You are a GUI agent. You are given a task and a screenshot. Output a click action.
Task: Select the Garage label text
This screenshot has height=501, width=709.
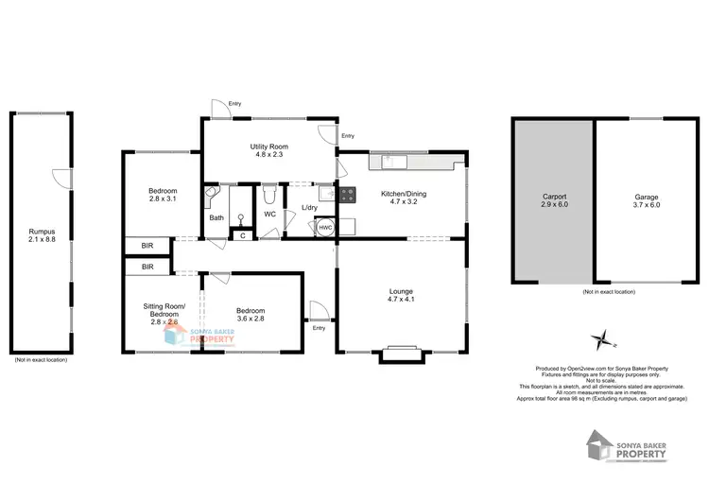[647, 198]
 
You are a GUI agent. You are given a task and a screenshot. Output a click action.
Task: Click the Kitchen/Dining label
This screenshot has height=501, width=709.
[404, 194]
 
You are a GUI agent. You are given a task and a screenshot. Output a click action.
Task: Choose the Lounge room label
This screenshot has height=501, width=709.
[402, 291]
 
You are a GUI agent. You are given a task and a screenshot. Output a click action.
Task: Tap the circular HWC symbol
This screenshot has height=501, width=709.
[324, 228]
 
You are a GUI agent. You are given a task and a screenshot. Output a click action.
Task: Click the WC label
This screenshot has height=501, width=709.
[269, 215]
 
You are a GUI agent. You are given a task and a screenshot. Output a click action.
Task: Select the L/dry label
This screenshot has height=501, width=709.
[309, 208]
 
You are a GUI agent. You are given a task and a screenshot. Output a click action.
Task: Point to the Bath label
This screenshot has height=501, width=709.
[216, 218]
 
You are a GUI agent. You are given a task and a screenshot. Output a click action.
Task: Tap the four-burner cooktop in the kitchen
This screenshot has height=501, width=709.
[347, 196]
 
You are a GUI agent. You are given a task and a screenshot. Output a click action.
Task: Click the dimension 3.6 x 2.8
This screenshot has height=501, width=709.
[251, 319]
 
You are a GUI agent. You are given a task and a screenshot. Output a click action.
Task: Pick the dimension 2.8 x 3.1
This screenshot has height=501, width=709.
[163, 199]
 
